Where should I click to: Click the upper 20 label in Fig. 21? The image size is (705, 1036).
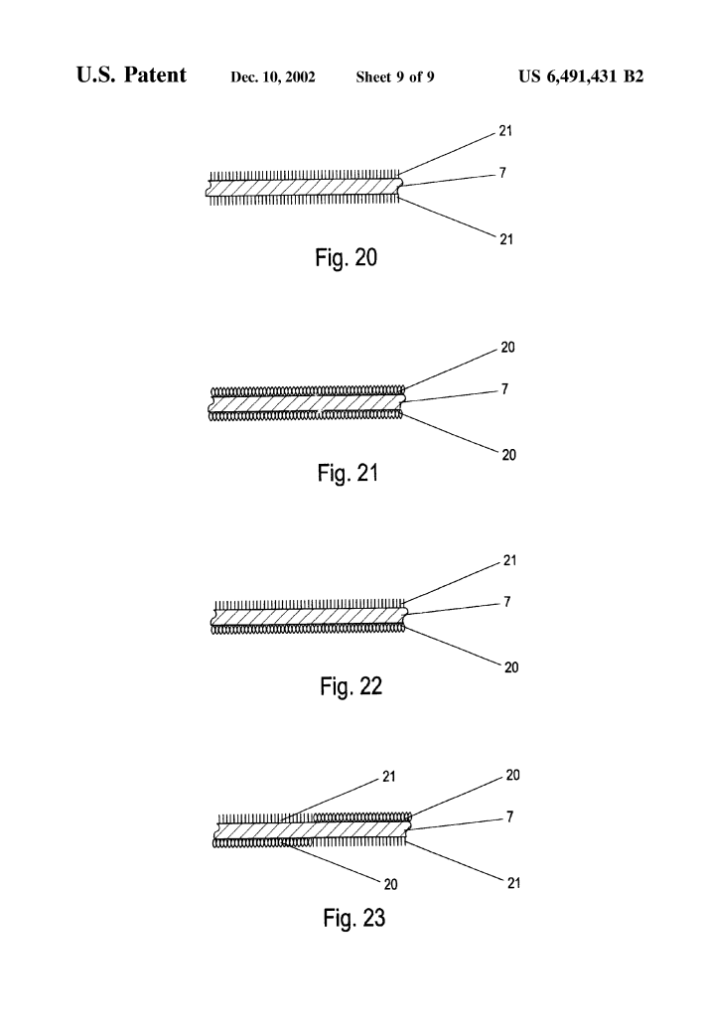(509, 349)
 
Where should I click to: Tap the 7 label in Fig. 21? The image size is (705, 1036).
(504, 389)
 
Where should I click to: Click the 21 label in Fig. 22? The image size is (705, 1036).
(510, 561)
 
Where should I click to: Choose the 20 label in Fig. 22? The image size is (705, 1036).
(510, 667)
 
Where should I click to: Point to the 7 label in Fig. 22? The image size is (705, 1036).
(505, 602)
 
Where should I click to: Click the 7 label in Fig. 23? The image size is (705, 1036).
(509, 814)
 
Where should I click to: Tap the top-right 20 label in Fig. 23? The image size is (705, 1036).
(513, 774)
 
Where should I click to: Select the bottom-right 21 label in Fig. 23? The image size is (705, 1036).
(513, 881)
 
